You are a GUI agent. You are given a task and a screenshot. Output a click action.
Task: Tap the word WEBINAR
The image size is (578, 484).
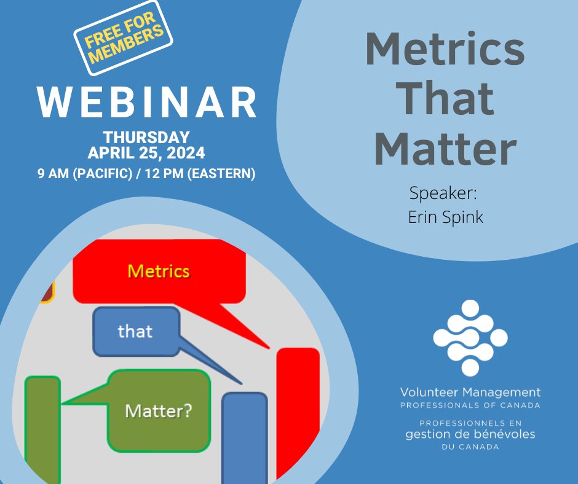coord(147,102)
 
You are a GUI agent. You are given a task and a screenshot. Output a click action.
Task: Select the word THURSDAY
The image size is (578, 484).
coord(146,137)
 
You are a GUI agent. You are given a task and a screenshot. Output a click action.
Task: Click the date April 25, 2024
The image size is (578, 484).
coord(146,152)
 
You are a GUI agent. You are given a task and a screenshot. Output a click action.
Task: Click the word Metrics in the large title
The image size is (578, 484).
coord(445,51)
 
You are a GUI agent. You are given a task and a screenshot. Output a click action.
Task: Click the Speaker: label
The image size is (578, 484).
coord(443,194)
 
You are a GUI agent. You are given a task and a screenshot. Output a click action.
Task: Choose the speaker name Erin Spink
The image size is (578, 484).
coord(445,217)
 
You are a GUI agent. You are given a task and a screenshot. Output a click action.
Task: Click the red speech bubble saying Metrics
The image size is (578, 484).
coord(159,271)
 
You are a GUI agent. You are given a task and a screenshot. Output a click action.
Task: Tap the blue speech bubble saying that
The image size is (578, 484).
coord(135,331)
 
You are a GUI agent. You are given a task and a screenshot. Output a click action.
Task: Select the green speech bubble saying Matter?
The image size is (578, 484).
coord(159,410)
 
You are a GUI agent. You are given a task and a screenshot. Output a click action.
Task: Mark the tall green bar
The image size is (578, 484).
coord(42,430)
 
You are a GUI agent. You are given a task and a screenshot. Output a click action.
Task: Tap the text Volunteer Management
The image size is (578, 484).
coord(470,392)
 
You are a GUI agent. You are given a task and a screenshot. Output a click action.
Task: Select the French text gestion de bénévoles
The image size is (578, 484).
coord(470,434)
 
